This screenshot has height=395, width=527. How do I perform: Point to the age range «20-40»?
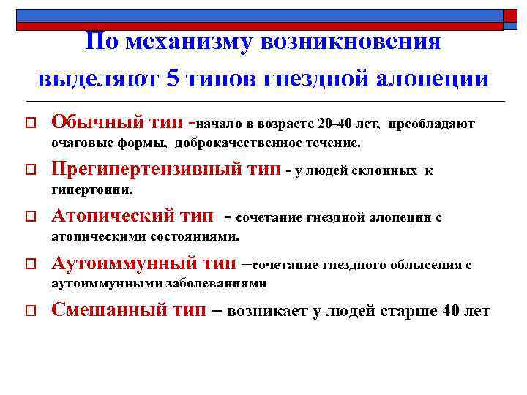pyautogui.click(x=340, y=124)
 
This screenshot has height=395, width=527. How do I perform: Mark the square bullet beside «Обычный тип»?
pyautogui.click(x=30, y=124)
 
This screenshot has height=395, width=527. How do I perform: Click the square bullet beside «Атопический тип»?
pyautogui.click(x=30, y=217)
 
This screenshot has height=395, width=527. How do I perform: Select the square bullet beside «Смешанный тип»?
pyautogui.click(x=30, y=311)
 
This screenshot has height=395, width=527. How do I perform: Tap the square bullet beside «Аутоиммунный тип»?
pyautogui.click(x=30, y=264)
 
